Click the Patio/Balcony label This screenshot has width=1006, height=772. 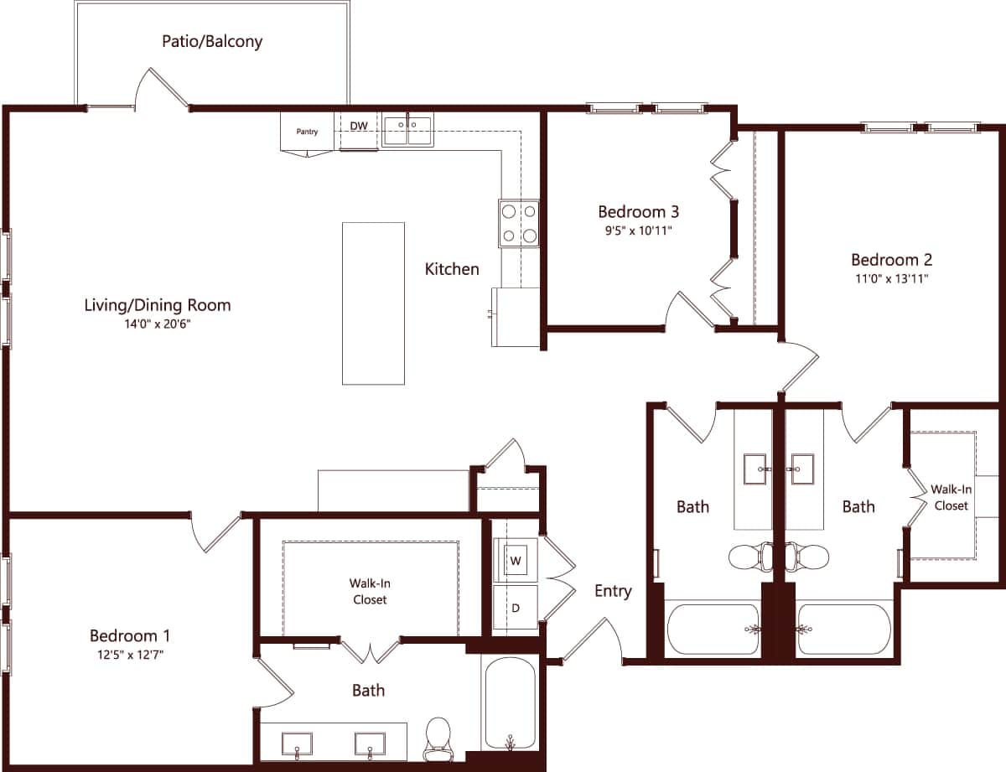coord(212,41)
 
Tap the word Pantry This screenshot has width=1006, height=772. coord(307,132)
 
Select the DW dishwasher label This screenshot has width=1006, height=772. coord(359,127)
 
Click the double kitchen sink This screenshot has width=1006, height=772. coord(407,131)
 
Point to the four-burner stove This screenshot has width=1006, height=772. coord(519,224)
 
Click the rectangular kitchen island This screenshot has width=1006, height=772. coord(373,303)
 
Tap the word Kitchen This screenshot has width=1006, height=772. coord(452,269)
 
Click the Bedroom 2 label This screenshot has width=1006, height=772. coord(891,260)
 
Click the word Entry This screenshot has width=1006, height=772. coord(613,591)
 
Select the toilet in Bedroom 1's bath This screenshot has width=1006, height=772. coord(438,735)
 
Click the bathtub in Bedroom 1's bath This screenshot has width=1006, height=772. coord(509,705)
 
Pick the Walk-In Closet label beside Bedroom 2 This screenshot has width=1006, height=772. coord(951,497)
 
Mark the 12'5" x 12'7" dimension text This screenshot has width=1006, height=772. coord(130,655)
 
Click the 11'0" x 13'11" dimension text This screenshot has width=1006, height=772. coord(891,279)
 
